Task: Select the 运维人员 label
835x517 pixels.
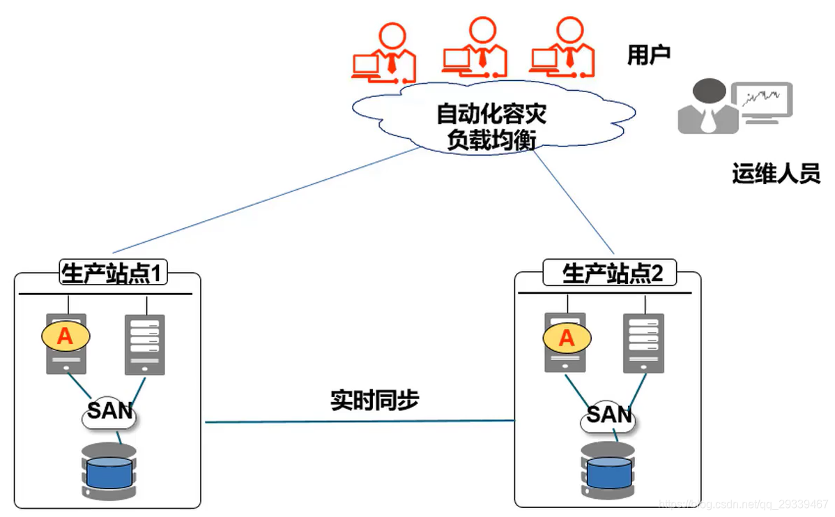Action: pyautogui.click(x=776, y=172)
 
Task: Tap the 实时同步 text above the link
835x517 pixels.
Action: pyautogui.click(x=374, y=400)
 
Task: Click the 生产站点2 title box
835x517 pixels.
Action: pyautogui.click(x=611, y=274)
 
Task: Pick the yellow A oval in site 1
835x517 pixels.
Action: pyautogui.click(x=65, y=336)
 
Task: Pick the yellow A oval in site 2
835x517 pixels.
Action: pyautogui.click(x=567, y=338)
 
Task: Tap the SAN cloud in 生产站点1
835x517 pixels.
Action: pyautogui.click(x=109, y=412)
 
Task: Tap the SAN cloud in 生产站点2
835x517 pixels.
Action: pyautogui.click(x=608, y=416)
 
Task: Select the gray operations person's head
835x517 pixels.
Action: pyautogui.click(x=709, y=91)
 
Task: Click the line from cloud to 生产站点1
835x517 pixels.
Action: pyautogui.click(x=265, y=200)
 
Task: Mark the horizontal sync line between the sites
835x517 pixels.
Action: pyautogui.click(x=359, y=421)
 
